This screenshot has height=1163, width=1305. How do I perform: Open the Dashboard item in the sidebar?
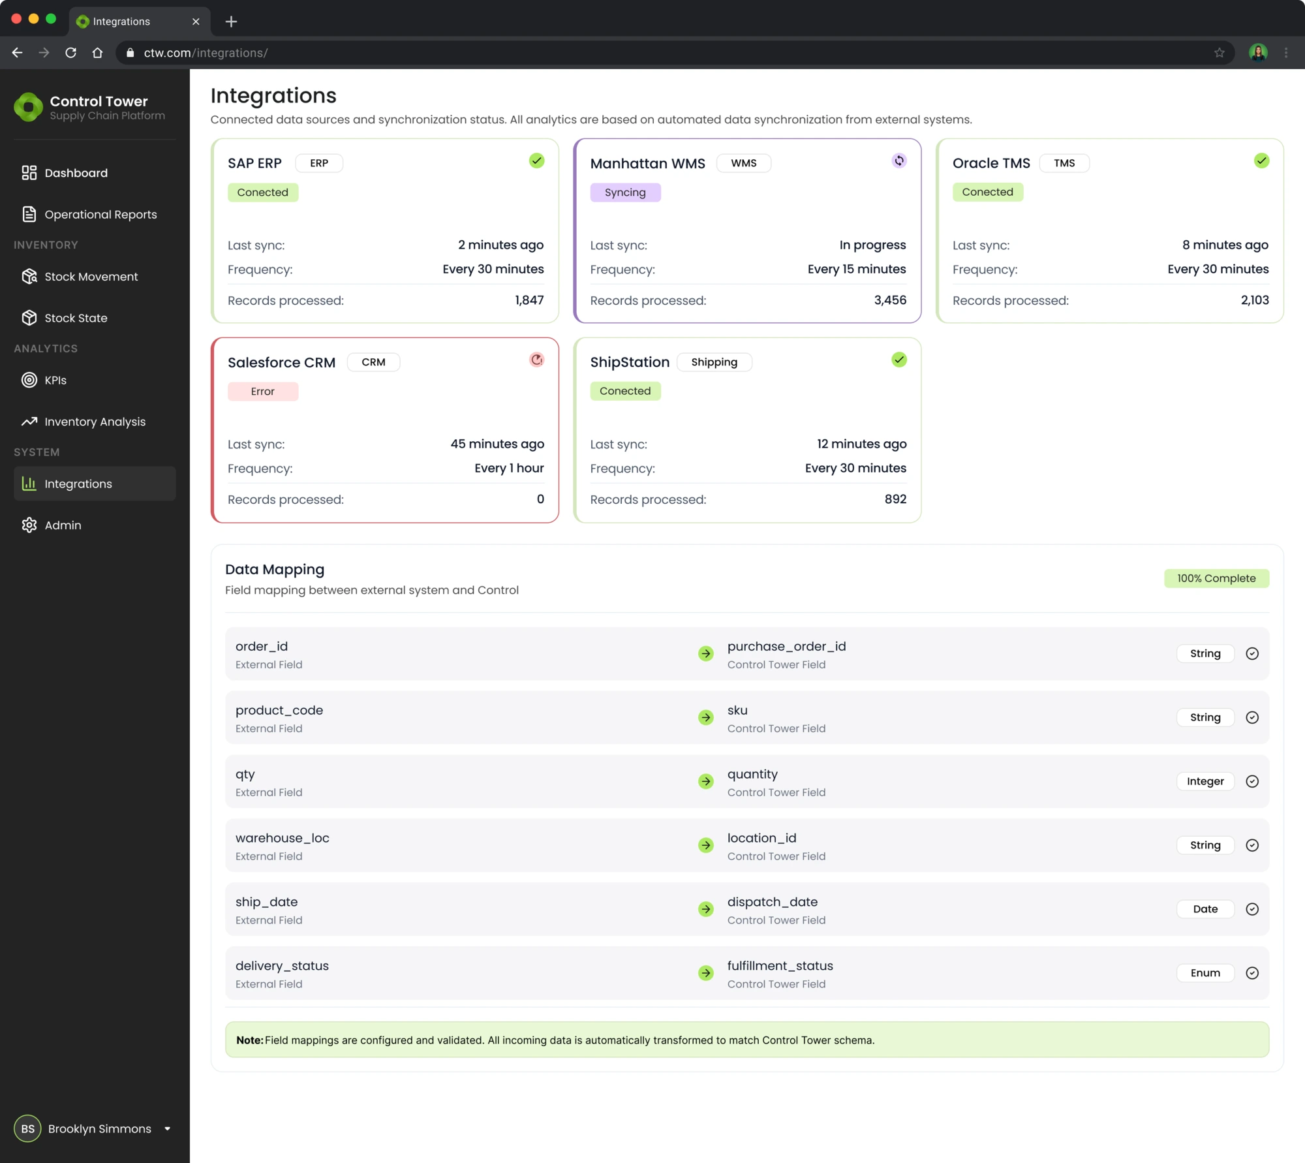[x=76, y=173]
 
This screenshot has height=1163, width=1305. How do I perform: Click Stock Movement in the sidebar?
[x=91, y=277]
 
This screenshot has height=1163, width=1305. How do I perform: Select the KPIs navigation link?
[x=55, y=380]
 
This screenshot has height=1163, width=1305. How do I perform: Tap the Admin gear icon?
[x=29, y=525]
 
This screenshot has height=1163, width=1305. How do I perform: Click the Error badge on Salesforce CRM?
[x=262, y=392]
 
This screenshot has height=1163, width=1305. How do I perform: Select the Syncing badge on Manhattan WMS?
[x=624, y=193]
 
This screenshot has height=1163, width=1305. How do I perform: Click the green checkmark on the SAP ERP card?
[x=536, y=161]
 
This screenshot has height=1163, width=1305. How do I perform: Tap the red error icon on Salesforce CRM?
[x=536, y=360]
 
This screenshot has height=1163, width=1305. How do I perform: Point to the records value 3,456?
[x=890, y=300]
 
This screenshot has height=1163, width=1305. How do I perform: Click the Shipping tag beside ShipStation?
[x=714, y=362]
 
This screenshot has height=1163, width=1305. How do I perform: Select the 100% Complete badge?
[x=1216, y=578]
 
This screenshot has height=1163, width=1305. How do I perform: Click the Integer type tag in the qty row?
[x=1205, y=781]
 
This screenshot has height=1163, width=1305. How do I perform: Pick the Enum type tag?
[x=1205, y=973]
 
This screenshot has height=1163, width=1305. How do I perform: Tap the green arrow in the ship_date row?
[x=705, y=909]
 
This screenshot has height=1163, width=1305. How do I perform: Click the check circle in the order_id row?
[x=1251, y=653]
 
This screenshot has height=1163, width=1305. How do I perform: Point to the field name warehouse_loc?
[x=282, y=838]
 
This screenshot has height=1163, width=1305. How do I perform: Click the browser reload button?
[x=70, y=53]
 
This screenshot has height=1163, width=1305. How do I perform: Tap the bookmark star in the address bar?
[x=1219, y=53]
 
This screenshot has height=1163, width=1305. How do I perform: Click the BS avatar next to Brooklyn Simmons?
[x=27, y=1128]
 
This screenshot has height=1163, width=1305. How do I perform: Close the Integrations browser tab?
[x=196, y=22]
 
